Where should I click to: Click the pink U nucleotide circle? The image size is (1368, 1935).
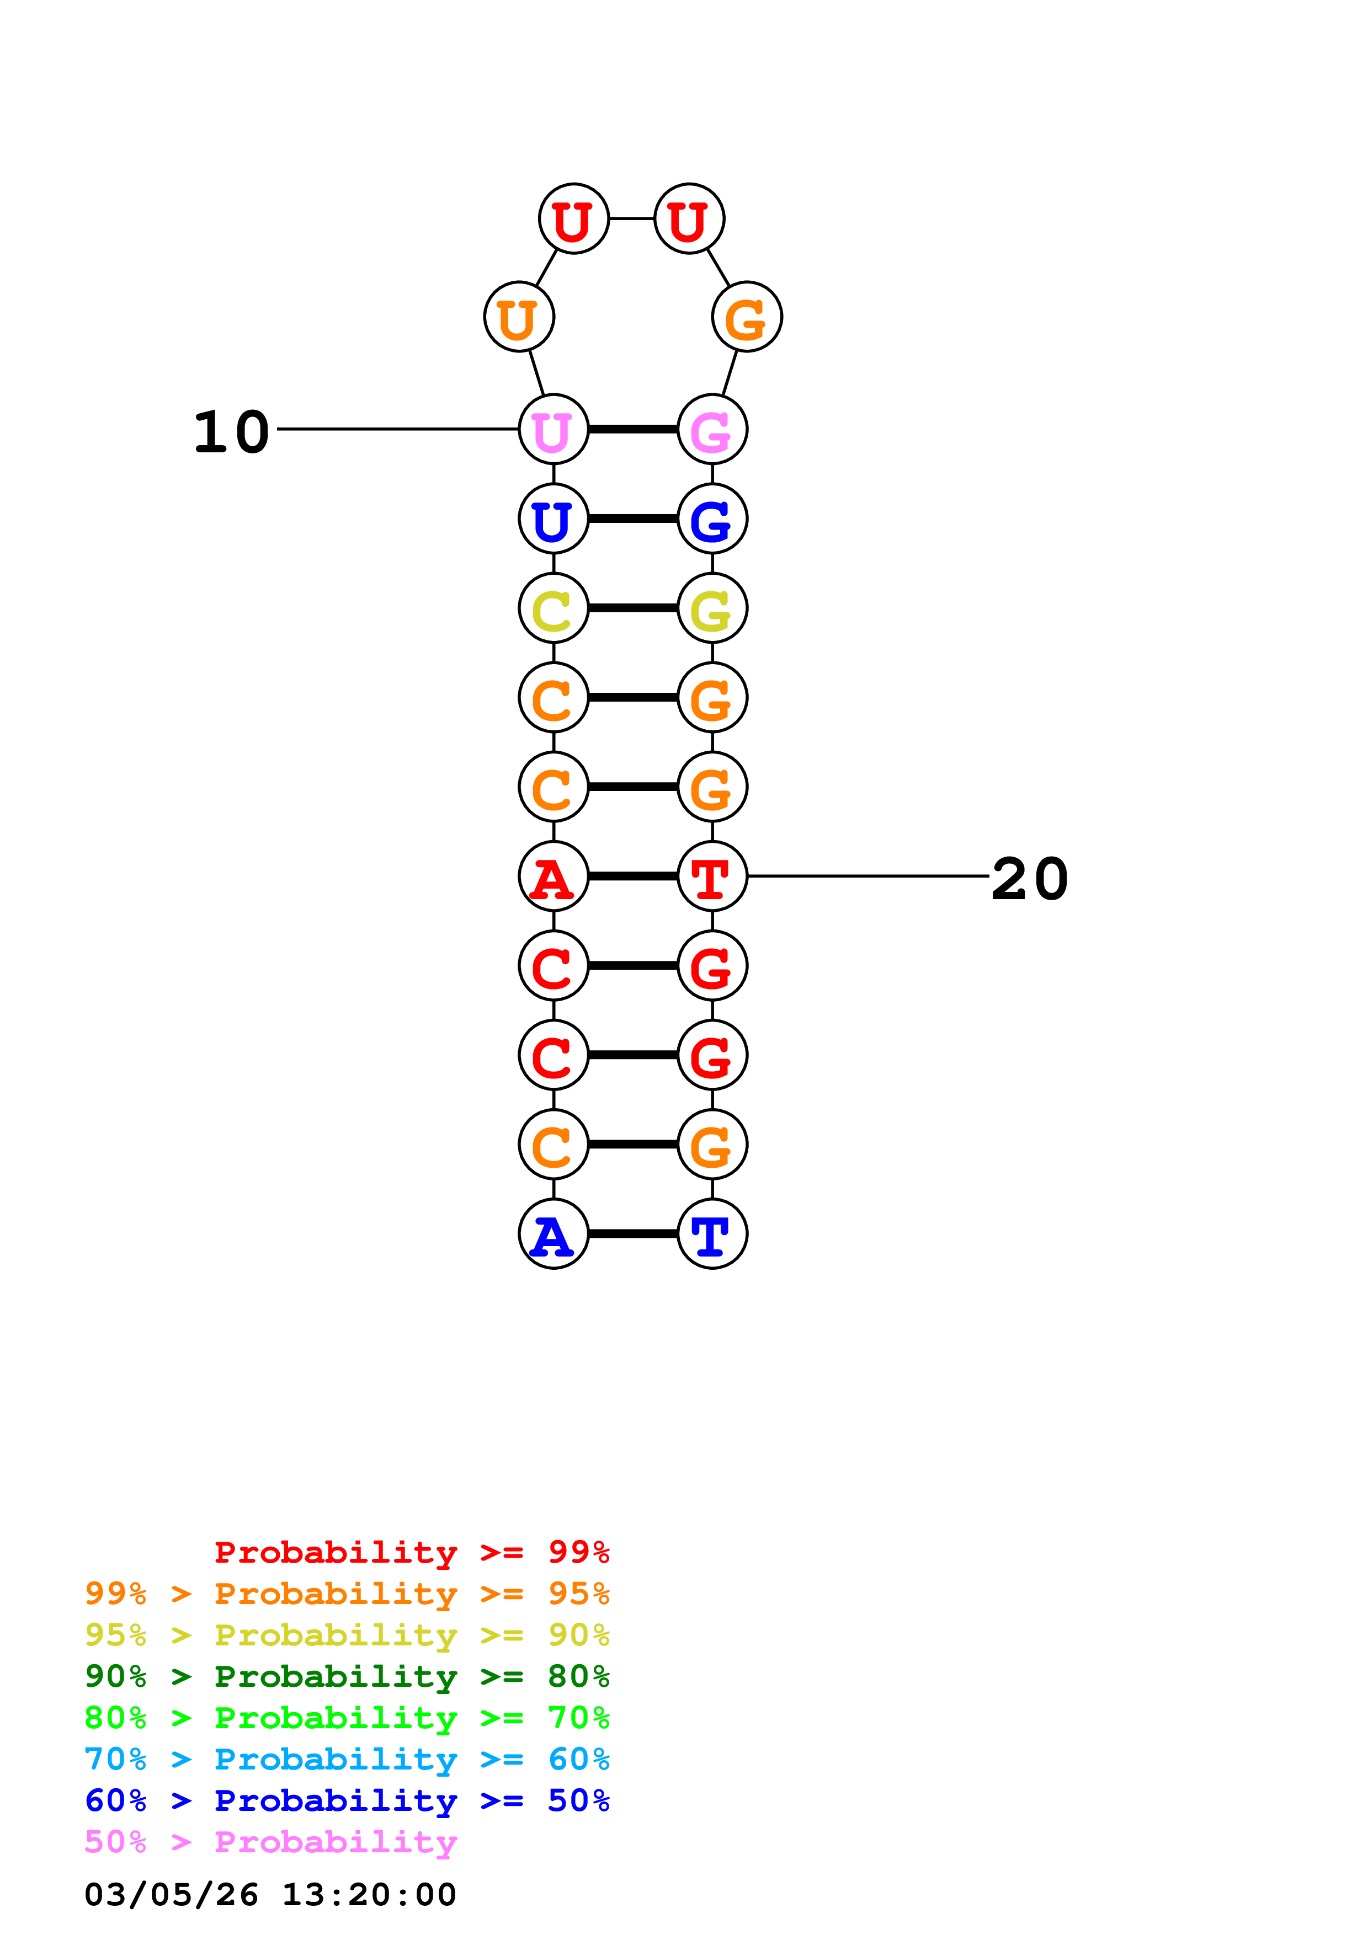click(x=553, y=429)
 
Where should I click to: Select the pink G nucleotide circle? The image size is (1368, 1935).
click(x=712, y=429)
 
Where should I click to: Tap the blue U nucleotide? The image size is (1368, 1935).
click(x=553, y=519)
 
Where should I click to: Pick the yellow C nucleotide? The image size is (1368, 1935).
click(x=553, y=608)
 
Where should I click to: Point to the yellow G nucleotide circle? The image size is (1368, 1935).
click(x=712, y=608)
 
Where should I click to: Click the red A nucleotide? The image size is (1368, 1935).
click(x=553, y=876)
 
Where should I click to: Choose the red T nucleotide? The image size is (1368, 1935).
click(x=712, y=876)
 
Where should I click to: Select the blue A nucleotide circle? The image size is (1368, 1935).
click(x=553, y=1234)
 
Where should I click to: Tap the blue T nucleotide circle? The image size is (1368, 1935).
click(x=712, y=1234)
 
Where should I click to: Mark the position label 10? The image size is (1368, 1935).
click(x=231, y=432)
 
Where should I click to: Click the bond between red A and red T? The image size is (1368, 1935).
click(x=632, y=876)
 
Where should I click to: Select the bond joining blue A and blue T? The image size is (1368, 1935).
click(x=632, y=1234)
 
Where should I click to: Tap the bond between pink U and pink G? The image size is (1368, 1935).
click(x=632, y=429)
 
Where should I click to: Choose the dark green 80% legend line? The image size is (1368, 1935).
click(x=347, y=1676)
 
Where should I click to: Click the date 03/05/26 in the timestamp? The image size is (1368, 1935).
click(x=171, y=1895)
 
